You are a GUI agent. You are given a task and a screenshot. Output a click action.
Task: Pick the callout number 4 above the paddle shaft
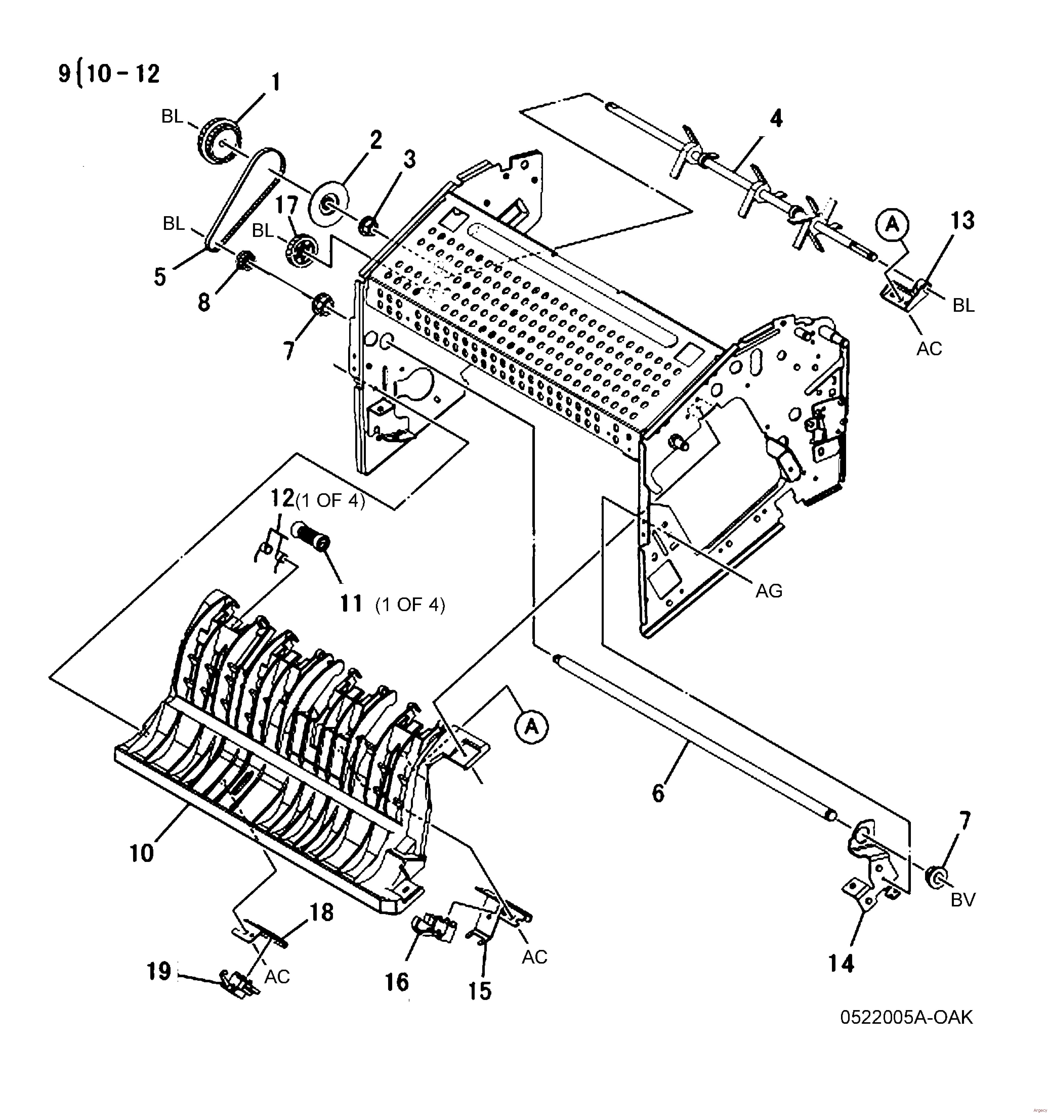[776, 119]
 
